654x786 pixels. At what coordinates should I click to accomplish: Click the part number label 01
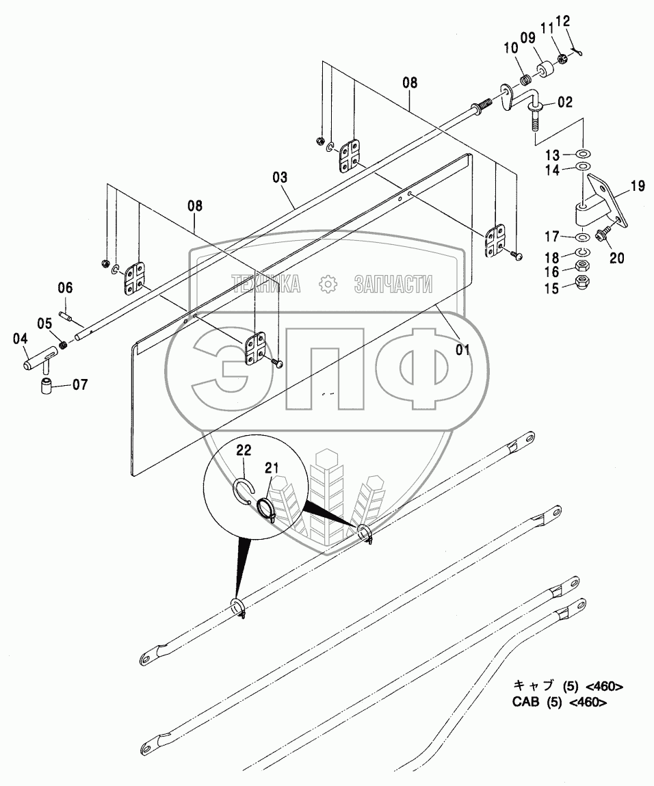(x=463, y=350)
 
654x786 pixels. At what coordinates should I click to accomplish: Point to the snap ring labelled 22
(x=244, y=488)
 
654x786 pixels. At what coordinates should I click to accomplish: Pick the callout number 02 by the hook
(x=564, y=104)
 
